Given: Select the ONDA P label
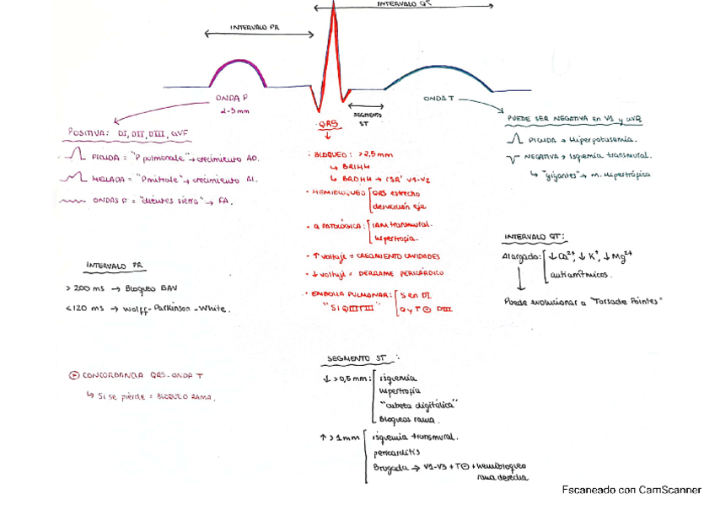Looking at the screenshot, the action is [x=232, y=99].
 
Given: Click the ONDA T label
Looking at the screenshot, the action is [x=438, y=99].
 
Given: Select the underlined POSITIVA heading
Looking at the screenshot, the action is [x=94, y=132].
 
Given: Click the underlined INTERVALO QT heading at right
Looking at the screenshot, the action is [x=535, y=237].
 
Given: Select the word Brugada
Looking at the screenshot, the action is [x=390, y=465].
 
